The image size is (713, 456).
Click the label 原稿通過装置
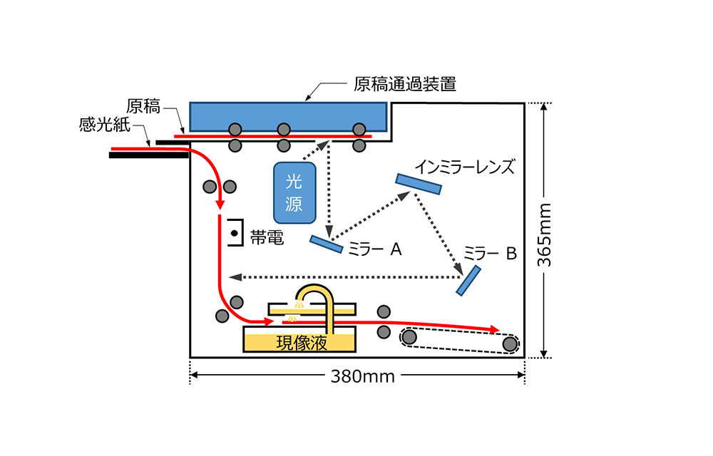(x=405, y=85)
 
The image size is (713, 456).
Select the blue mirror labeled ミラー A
(x=327, y=244)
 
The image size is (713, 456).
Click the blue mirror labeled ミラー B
(x=468, y=280)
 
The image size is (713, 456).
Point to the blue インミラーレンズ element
(x=419, y=184)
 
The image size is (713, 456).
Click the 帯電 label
(x=267, y=237)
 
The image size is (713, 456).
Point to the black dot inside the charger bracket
(x=233, y=233)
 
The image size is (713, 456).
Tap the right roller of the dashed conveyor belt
(x=509, y=344)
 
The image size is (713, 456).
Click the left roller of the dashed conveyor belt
(x=410, y=336)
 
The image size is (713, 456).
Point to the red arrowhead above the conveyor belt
(x=492, y=328)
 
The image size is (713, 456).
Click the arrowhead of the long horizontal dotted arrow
(x=233, y=276)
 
